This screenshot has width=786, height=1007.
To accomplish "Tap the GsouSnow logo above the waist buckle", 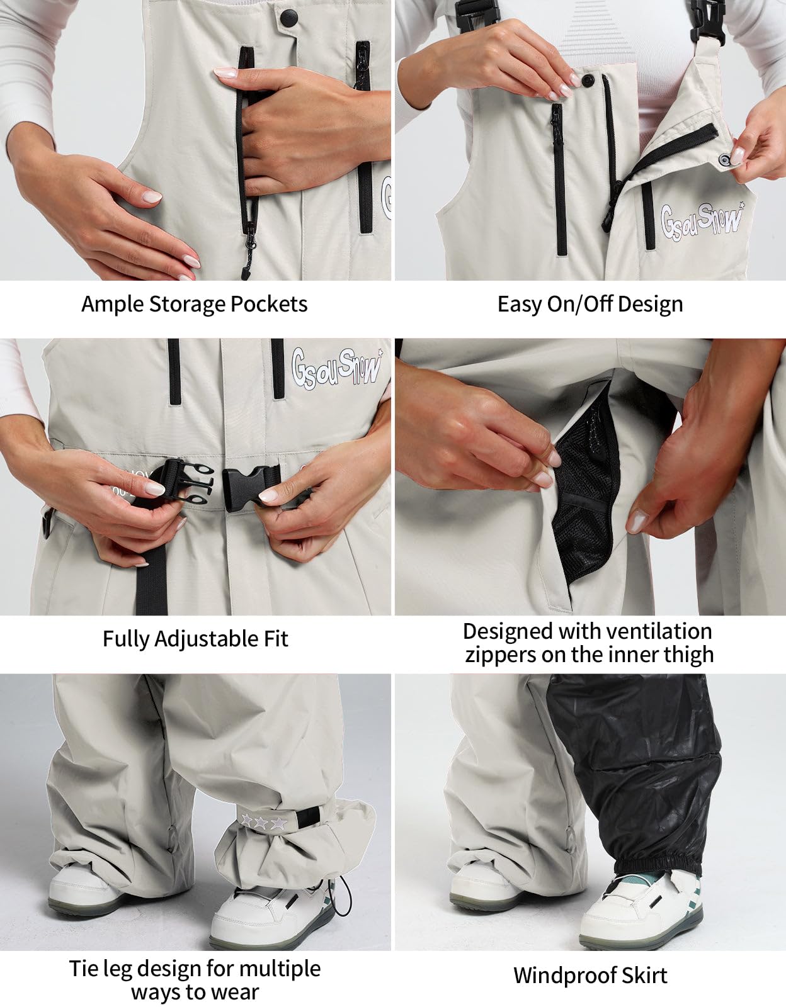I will click(336, 366).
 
